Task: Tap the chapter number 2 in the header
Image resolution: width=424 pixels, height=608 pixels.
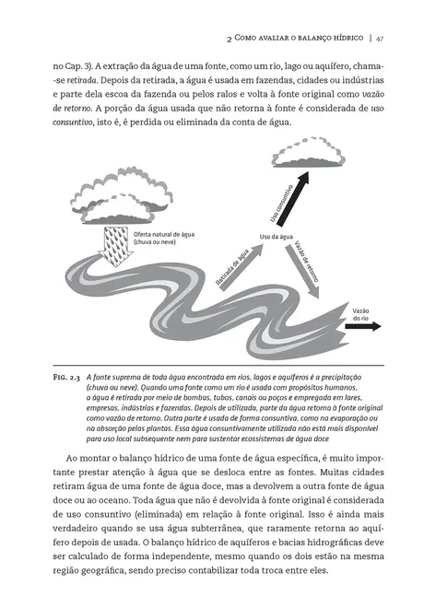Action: click(x=228, y=39)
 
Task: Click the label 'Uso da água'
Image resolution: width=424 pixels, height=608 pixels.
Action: click(x=277, y=238)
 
